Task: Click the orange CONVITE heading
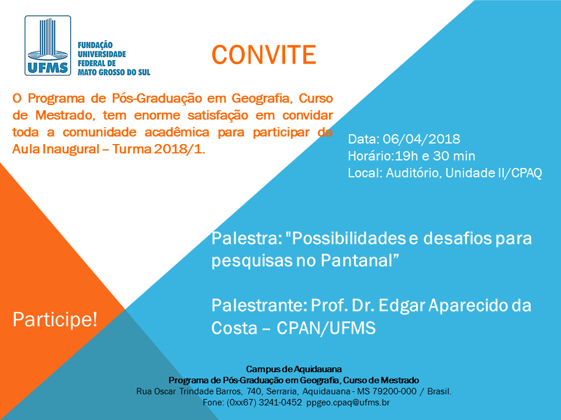[x=264, y=55]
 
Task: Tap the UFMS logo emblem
[x=47, y=45]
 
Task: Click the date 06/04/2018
[x=421, y=139]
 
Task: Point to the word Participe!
[x=55, y=319]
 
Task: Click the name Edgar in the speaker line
[x=402, y=306]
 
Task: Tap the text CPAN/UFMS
[x=326, y=328]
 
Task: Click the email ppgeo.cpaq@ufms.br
[x=348, y=402]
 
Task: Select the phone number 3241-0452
[x=280, y=402]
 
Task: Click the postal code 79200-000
[x=394, y=391]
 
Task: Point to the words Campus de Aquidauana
[x=294, y=369]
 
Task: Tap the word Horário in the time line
[x=369, y=156]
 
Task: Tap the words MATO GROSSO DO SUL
[x=114, y=72]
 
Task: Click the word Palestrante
[x=259, y=306]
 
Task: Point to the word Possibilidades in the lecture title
[x=349, y=238]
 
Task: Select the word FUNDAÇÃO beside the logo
[x=95, y=45]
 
